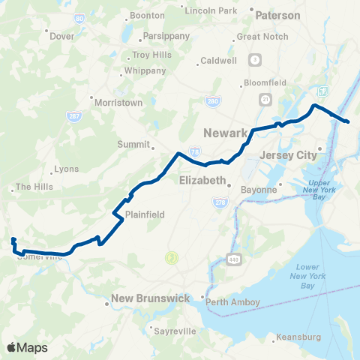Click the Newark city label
[x=225, y=133]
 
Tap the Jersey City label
[x=289, y=155]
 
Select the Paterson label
[x=277, y=15]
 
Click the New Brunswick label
[x=150, y=298]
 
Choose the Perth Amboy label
[x=235, y=302]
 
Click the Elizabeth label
[x=202, y=181]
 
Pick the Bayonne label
[x=259, y=190]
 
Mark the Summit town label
[x=135, y=144]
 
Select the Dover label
[x=61, y=35]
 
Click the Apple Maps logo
[x=27, y=347]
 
